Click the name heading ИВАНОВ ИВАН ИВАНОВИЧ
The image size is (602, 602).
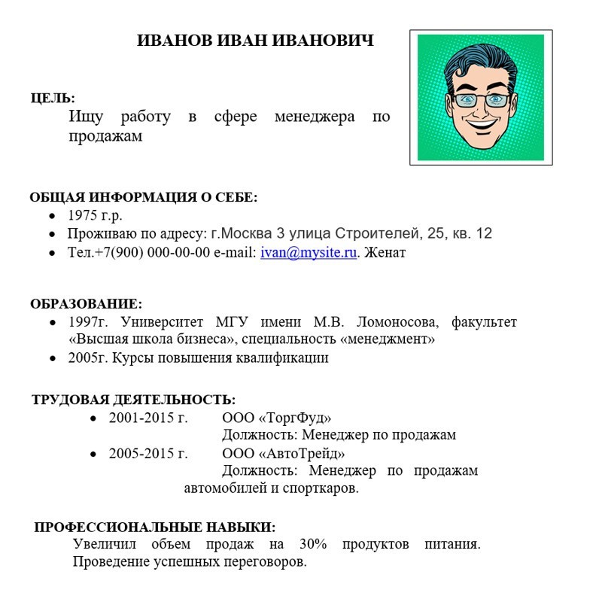[255, 41]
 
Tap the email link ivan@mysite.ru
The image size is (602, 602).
[308, 253]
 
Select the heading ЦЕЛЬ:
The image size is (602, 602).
[53, 98]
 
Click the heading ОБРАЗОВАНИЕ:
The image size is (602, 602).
[86, 304]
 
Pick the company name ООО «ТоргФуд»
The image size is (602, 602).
[276, 418]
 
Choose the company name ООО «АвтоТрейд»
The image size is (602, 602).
[284, 454]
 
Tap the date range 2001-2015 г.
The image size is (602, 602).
[147, 418]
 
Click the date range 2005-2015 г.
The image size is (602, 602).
[147, 454]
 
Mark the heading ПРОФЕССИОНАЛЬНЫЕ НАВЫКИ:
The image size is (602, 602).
[155, 527]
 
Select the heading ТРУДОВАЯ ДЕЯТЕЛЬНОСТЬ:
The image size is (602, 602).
[133, 399]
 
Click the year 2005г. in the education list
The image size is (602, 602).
[88, 358]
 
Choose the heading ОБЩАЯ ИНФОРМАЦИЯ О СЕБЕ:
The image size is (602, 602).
[143, 198]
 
